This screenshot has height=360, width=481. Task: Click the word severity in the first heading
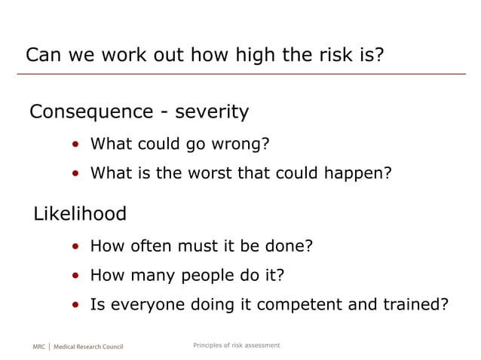click(212, 112)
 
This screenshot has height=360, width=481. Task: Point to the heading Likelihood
click(80, 214)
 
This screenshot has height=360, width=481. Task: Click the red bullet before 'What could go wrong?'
click(76, 145)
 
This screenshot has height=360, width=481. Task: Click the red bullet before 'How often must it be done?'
click(76, 246)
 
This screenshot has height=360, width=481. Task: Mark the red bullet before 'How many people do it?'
click(76, 276)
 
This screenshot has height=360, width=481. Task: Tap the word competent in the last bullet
click(293, 305)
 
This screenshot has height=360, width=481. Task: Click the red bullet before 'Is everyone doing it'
click(76, 306)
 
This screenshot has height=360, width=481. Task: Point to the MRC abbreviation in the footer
click(40, 347)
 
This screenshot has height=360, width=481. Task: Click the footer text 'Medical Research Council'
click(88, 347)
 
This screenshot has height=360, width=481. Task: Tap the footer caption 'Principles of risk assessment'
click(236, 345)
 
